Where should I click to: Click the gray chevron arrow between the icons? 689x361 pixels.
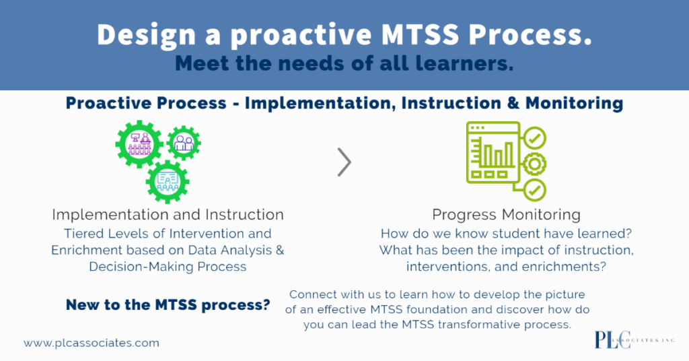(x=344, y=162)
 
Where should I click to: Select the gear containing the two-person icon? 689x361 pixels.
(x=184, y=142)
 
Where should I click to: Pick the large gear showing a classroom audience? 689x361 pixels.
(x=139, y=145)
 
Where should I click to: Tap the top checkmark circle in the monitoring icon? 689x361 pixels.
(x=535, y=139)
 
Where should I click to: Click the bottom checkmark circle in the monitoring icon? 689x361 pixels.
(x=535, y=190)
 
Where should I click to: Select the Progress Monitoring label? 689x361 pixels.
(x=506, y=215)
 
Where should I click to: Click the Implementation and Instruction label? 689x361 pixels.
(x=168, y=215)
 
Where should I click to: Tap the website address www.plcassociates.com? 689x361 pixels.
(x=92, y=343)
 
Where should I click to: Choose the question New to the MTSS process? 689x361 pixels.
(x=168, y=305)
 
